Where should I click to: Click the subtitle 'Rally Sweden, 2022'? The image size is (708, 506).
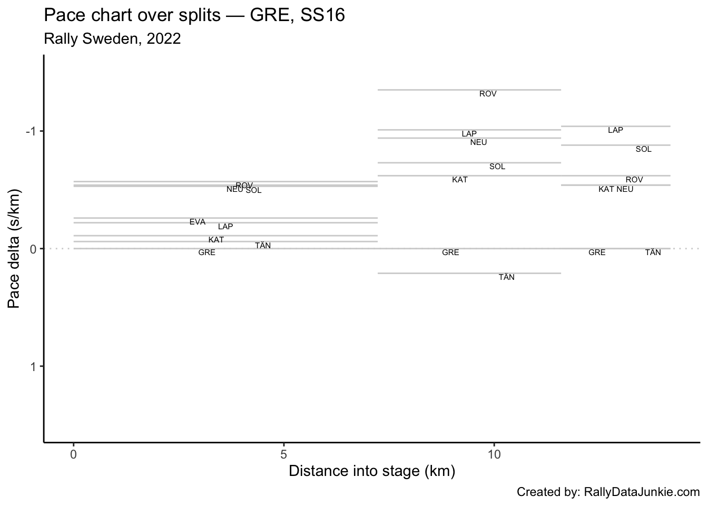click(112, 38)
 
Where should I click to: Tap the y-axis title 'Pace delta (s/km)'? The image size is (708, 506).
click(15, 248)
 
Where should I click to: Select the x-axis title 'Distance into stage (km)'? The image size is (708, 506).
click(371, 471)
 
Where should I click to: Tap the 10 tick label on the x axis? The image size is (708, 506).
click(494, 454)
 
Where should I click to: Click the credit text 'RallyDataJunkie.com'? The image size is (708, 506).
click(642, 492)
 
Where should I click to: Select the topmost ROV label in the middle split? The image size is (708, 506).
click(488, 94)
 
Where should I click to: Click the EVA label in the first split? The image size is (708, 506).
click(198, 222)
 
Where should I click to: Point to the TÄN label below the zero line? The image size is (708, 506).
click(506, 277)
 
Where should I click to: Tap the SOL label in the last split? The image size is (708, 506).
click(643, 150)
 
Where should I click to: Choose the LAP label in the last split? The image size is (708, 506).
click(615, 130)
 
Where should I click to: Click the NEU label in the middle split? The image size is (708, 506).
click(478, 142)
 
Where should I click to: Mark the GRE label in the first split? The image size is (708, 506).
click(206, 253)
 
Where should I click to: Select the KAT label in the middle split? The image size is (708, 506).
click(459, 180)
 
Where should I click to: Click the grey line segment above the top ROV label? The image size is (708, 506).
click(469, 90)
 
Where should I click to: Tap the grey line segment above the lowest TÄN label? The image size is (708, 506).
click(469, 273)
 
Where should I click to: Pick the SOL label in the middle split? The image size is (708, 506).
click(497, 167)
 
